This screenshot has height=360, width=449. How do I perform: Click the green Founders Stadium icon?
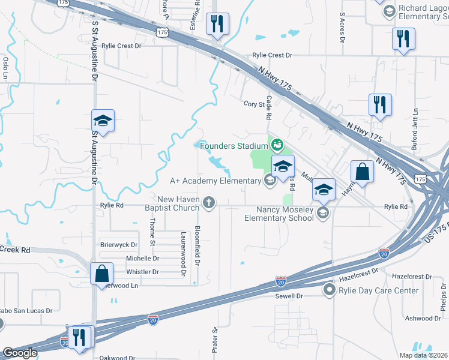pos(277,145)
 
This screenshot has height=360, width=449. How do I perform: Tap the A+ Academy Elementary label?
pos(217,180)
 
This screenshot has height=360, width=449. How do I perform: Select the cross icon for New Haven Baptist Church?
pos(209,202)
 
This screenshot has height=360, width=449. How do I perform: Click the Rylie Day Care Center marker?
pos(329,290)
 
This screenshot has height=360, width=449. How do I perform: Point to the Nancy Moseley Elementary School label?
pos(279,214)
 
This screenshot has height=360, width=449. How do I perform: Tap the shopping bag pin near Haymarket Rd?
pos(363,172)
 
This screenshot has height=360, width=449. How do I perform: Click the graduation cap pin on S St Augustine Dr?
pos(103,121)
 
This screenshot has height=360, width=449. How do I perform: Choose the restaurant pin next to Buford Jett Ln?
pos(381,104)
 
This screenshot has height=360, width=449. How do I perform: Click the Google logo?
pos(19,353)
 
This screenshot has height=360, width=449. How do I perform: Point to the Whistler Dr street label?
pos(142,272)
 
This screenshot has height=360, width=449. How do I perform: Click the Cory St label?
pos(254,104)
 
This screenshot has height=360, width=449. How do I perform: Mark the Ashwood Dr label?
pos(423,318)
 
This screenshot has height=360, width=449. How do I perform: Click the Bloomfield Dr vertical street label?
pos(197,246)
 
